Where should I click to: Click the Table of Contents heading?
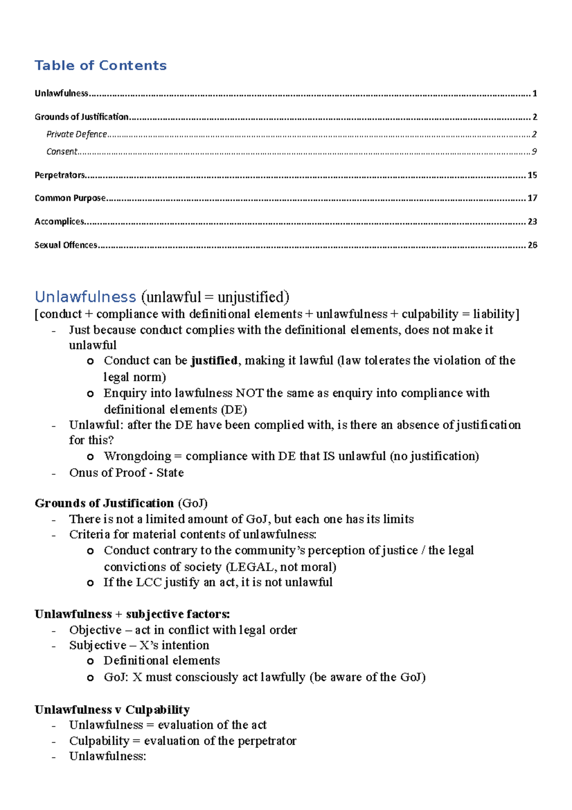101,65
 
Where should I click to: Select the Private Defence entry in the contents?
76,135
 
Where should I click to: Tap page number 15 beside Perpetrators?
532,175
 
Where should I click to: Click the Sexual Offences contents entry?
66,245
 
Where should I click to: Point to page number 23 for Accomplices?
532,222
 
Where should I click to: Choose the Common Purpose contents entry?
70,198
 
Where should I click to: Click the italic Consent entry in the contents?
61,152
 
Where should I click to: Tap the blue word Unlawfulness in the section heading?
85,297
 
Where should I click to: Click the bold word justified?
214,361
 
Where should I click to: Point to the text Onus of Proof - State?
126,473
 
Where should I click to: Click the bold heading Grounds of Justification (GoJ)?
121,503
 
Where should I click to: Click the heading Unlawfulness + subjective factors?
132,614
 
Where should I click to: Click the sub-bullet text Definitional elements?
162,661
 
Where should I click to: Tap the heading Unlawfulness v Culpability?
112,710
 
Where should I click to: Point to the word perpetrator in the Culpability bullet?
267,741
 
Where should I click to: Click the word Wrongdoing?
137,457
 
